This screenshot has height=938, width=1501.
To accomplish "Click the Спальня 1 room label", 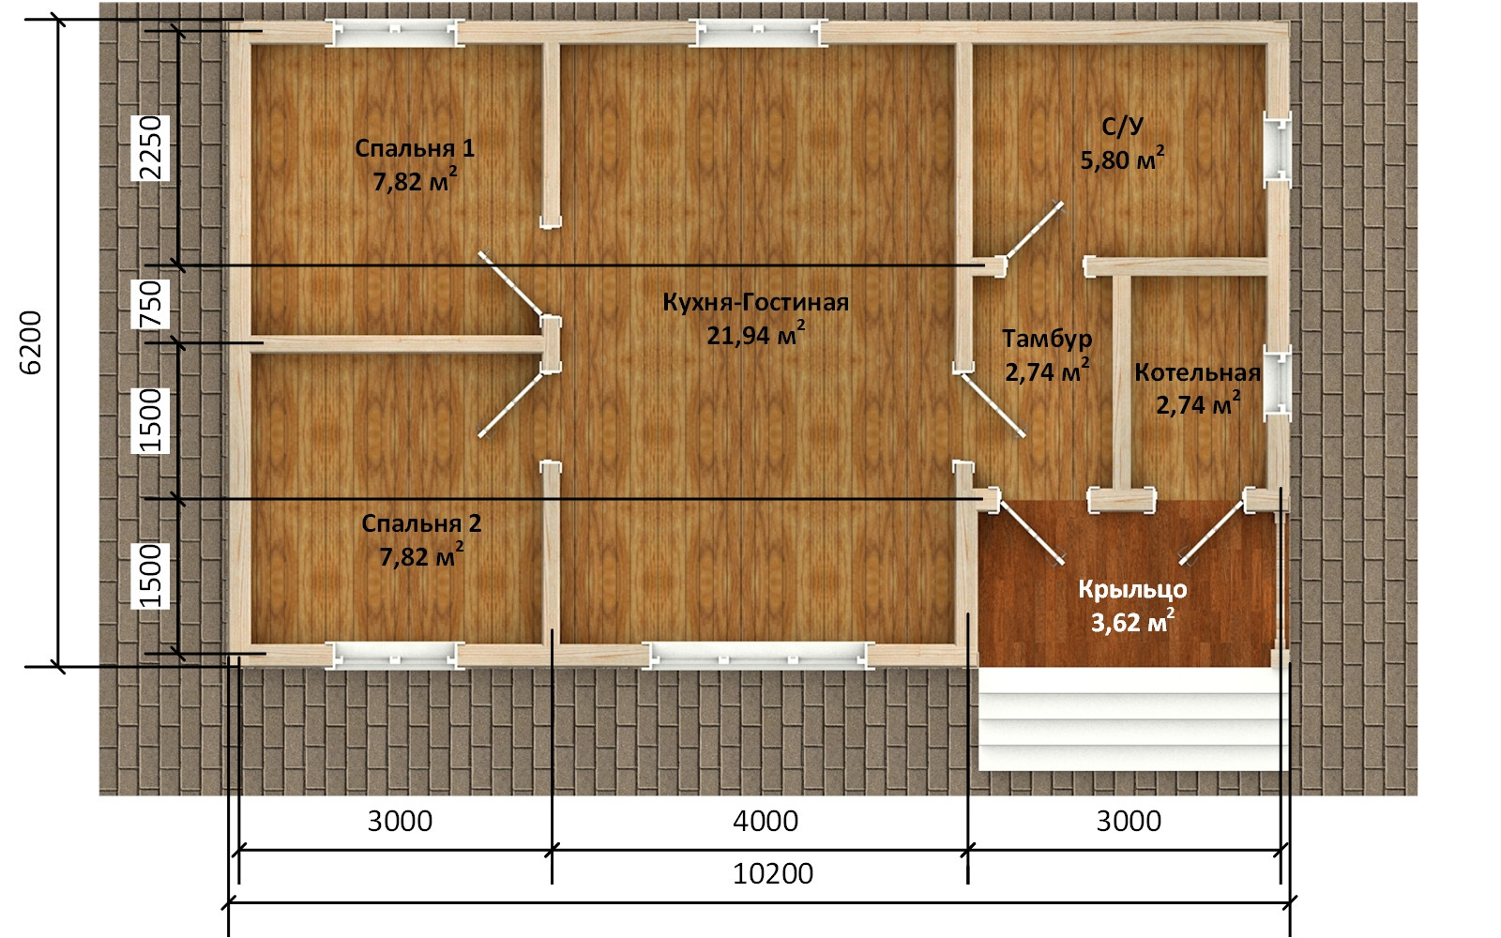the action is (415, 148).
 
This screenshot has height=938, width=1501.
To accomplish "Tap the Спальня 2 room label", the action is (421, 523).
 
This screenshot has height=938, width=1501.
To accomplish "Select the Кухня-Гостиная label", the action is (756, 302).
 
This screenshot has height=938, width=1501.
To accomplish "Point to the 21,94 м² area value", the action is (756, 334).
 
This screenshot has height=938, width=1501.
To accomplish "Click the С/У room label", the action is (1122, 127).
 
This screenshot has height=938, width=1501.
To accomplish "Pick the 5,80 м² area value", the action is (1122, 159).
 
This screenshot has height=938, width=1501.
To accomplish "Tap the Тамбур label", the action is (1047, 339).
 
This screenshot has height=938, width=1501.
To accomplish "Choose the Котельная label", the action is (1197, 372).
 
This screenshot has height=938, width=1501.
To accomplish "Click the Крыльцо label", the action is (1132, 590).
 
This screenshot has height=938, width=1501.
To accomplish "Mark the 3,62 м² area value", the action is (1132, 622).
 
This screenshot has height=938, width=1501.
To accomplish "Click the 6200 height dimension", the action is (31, 342).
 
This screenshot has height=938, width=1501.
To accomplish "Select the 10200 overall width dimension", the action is (773, 873).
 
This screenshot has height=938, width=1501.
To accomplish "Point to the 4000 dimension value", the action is (766, 821).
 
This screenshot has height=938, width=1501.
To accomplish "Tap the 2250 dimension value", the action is (151, 148).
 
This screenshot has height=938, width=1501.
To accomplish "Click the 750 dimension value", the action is (151, 304).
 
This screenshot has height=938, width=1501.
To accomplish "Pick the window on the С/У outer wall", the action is (1277, 149).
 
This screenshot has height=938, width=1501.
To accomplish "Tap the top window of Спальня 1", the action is (395, 33).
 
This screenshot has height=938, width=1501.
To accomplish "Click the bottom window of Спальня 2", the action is (395, 656).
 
